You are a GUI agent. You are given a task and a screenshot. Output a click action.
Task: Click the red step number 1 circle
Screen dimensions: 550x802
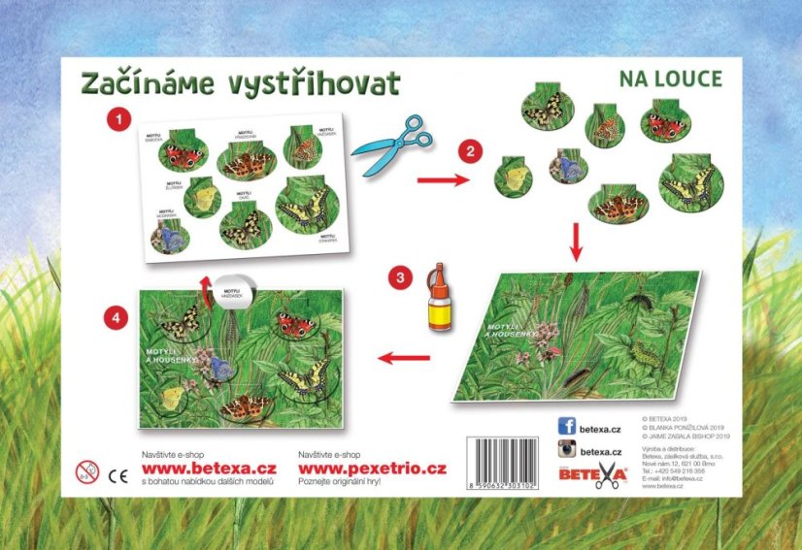[118, 120]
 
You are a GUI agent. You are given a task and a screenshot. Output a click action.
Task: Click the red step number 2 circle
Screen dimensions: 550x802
[470, 151]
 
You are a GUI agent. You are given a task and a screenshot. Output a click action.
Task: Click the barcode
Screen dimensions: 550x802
[502, 464]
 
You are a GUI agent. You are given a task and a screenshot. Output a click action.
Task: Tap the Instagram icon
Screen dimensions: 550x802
[567, 450]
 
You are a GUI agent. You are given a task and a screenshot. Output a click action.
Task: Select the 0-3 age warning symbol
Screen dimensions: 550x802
[87, 472]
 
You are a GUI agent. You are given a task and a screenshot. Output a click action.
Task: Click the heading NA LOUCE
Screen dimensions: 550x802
[670, 79]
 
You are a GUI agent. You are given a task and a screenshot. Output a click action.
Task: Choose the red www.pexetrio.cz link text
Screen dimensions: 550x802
[373, 469]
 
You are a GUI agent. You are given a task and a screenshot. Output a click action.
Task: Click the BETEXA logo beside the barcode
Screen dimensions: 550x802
[599, 474]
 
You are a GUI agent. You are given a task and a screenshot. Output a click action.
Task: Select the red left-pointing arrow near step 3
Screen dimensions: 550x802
[403, 358]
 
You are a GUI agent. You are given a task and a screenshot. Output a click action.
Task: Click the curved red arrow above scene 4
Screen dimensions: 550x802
[204, 283]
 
